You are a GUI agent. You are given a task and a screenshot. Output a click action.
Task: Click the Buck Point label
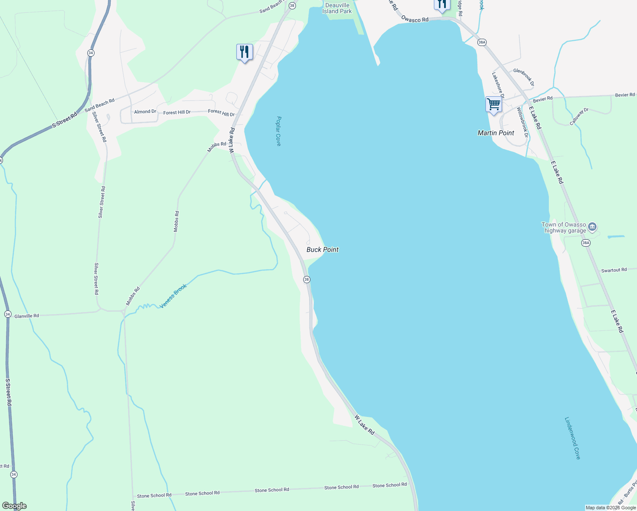322,250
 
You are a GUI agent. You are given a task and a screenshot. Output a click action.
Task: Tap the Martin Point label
496,133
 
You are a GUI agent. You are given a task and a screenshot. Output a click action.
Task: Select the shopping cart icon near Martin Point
494,104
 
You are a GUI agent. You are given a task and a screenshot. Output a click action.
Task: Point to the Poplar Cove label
278,131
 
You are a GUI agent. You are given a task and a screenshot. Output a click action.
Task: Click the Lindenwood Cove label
572,438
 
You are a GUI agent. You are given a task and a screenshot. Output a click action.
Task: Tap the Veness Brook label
173,296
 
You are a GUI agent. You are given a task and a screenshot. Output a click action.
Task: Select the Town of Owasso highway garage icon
592,227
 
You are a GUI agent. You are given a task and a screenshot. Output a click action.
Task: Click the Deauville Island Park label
337,8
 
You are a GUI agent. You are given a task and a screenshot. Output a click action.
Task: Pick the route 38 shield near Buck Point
307,279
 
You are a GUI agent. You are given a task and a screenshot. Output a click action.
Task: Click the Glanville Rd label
26,316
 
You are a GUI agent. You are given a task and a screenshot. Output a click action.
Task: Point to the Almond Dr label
145,112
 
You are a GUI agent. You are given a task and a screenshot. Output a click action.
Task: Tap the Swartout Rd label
614,270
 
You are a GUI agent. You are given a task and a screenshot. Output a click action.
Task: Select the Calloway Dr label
579,116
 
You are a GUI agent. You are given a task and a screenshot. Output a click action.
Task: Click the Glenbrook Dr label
523,77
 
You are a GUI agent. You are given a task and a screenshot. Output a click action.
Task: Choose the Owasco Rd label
415,20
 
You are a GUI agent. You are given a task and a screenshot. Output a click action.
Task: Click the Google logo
14,506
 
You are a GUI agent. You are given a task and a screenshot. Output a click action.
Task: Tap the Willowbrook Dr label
522,122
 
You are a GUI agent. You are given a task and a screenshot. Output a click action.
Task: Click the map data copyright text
610,508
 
